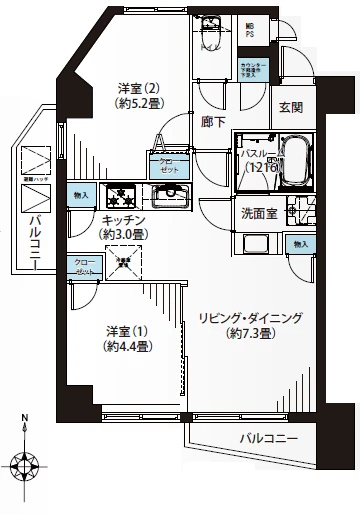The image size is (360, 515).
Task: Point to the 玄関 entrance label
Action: click(290, 108)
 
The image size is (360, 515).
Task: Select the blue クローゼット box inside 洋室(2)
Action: click(162, 166)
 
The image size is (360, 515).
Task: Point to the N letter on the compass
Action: click(25, 420)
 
